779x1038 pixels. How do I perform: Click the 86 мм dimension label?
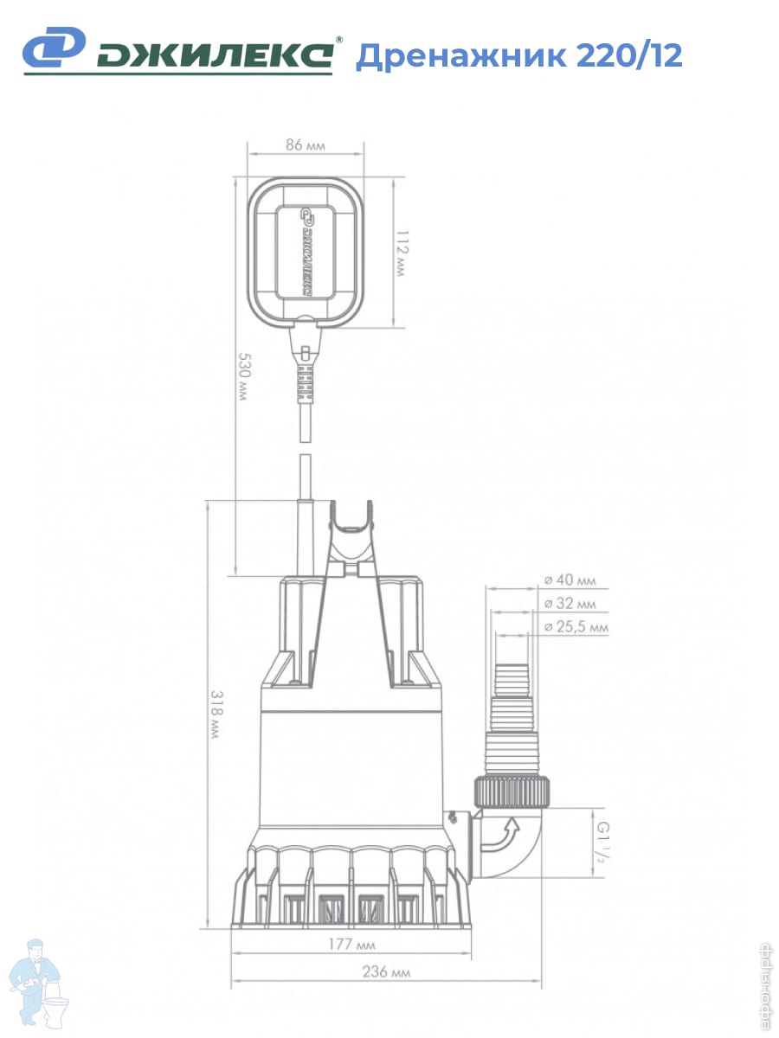(x=305, y=144)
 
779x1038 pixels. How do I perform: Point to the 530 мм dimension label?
(x=243, y=376)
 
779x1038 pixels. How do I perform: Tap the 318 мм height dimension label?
(x=216, y=714)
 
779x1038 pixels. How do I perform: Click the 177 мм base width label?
(x=352, y=945)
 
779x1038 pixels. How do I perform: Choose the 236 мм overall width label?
(x=386, y=971)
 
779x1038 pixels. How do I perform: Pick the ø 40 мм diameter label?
(x=570, y=580)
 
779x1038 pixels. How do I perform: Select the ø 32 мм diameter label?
(x=570, y=604)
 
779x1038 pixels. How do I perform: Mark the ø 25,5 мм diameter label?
(x=576, y=626)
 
